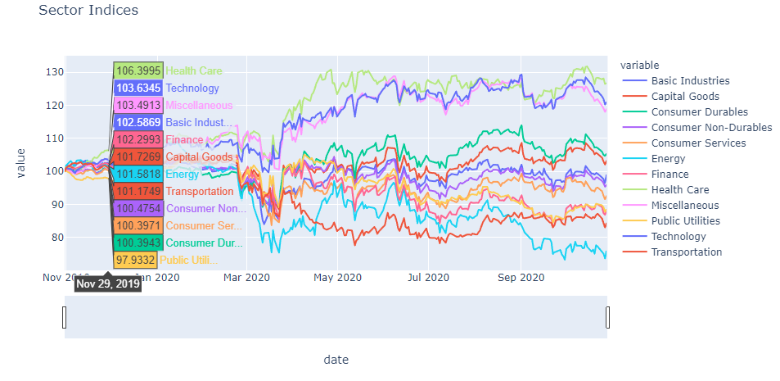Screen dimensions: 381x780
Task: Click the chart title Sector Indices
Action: [x=88, y=11]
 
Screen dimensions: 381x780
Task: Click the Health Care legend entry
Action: [x=679, y=189]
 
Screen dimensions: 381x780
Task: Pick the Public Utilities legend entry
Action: [x=686, y=220]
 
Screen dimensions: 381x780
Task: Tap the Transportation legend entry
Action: [x=686, y=252]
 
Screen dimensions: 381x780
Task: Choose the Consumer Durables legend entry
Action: [x=699, y=111]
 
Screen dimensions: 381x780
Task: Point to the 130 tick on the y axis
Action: [x=54, y=72]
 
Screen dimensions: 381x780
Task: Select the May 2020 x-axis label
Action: [x=336, y=278]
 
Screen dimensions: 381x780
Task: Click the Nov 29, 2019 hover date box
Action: [x=107, y=284]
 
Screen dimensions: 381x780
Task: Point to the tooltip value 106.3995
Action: [x=138, y=71]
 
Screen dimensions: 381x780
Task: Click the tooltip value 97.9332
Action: [x=135, y=260]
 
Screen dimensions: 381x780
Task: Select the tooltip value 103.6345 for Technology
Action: [x=138, y=88]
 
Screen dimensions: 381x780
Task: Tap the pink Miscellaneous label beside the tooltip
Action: [x=199, y=106]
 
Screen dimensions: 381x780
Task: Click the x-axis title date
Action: [x=336, y=360]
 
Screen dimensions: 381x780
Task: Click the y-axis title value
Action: [x=21, y=162]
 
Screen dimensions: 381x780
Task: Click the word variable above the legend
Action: [x=640, y=65]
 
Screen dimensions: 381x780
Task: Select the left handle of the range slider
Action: [x=65, y=317]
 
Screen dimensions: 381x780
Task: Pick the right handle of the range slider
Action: [x=608, y=317]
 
